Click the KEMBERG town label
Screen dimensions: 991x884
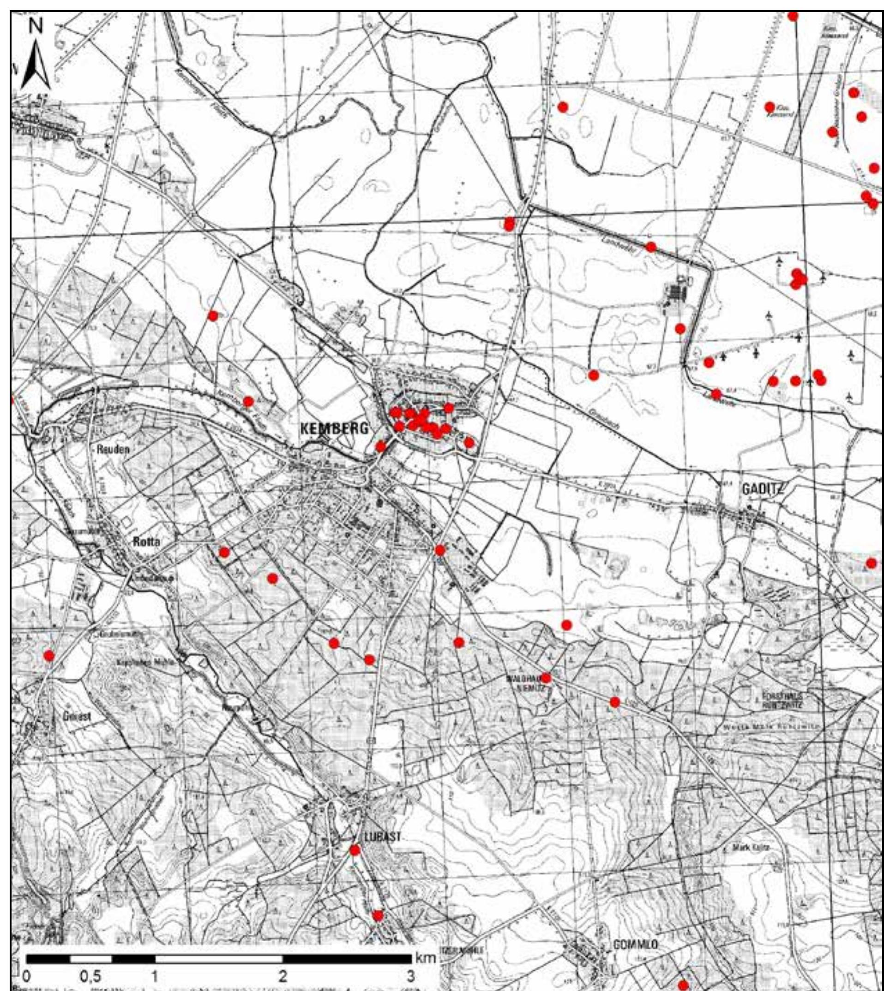coord(334,428)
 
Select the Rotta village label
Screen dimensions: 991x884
coord(146,543)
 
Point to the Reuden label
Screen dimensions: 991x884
coord(113,449)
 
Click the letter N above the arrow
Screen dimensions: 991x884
coord(36,28)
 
